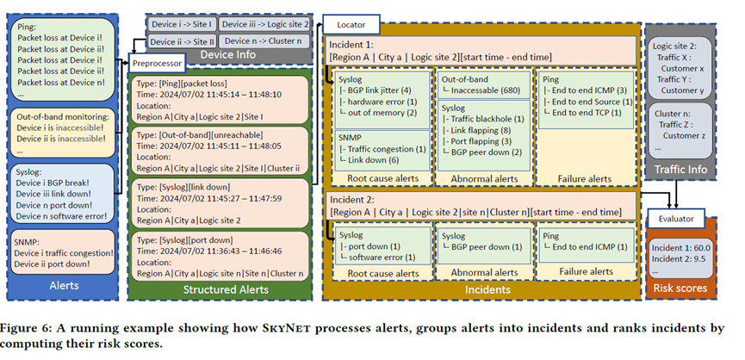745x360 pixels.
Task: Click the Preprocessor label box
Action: tap(157, 64)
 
